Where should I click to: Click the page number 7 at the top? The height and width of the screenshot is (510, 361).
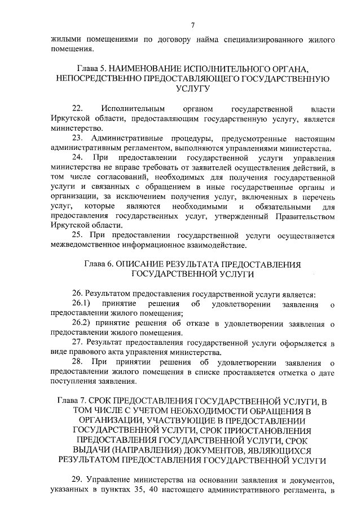(192, 25)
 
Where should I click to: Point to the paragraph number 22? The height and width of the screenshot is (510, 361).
(78, 108)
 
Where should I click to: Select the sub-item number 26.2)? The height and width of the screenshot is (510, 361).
(81, 323)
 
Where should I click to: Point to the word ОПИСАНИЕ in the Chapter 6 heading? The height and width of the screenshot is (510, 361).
(147, 264)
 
